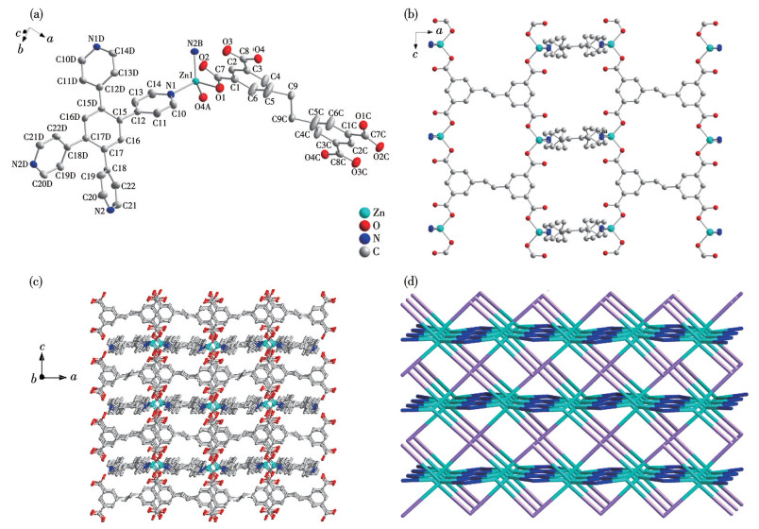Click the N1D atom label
pos(95,39)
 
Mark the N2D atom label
pos(21,164)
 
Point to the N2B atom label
pos(194,44)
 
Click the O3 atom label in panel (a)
pos(228,43)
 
